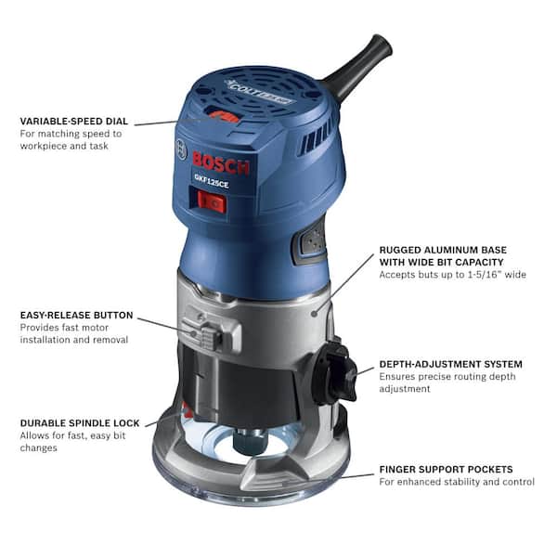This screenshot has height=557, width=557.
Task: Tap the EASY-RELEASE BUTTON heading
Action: (x=76, y=316)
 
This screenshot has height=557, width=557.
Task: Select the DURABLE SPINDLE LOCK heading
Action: (x=80, y=423)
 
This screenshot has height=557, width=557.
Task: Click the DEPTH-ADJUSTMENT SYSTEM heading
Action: (x=450, y=364)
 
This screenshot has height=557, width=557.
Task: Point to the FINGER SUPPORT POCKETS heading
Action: (x=446, y=470)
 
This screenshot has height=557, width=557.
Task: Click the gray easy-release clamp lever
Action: (x=203, y=330)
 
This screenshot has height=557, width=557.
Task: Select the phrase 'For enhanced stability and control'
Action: (x=457, y=483)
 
